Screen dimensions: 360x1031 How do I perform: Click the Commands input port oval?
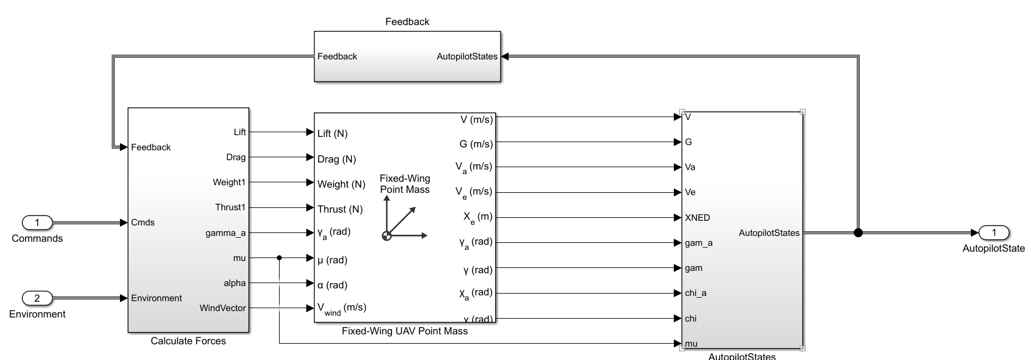37,223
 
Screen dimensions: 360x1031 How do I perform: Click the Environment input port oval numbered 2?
37,298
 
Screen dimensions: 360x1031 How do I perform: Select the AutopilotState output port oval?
994,233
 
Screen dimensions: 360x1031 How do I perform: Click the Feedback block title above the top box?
407,22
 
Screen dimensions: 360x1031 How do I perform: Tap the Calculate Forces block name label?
188,341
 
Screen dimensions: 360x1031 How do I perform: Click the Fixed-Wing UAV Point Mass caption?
404,331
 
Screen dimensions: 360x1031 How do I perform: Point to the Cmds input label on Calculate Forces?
143,223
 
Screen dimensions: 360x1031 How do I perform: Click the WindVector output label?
223,308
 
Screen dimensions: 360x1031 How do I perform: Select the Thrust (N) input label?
340,209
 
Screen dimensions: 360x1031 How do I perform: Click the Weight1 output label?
229,182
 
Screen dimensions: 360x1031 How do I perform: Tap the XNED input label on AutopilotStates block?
697,218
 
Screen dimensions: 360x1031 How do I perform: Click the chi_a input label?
695,293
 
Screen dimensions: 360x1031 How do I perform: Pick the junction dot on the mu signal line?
280,257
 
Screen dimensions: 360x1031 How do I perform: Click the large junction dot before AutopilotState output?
857,233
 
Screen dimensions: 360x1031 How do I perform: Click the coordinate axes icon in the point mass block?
403,221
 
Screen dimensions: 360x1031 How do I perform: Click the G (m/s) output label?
476,144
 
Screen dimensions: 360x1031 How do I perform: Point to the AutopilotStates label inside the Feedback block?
467,57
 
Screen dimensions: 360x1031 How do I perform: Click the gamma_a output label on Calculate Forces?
225,233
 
